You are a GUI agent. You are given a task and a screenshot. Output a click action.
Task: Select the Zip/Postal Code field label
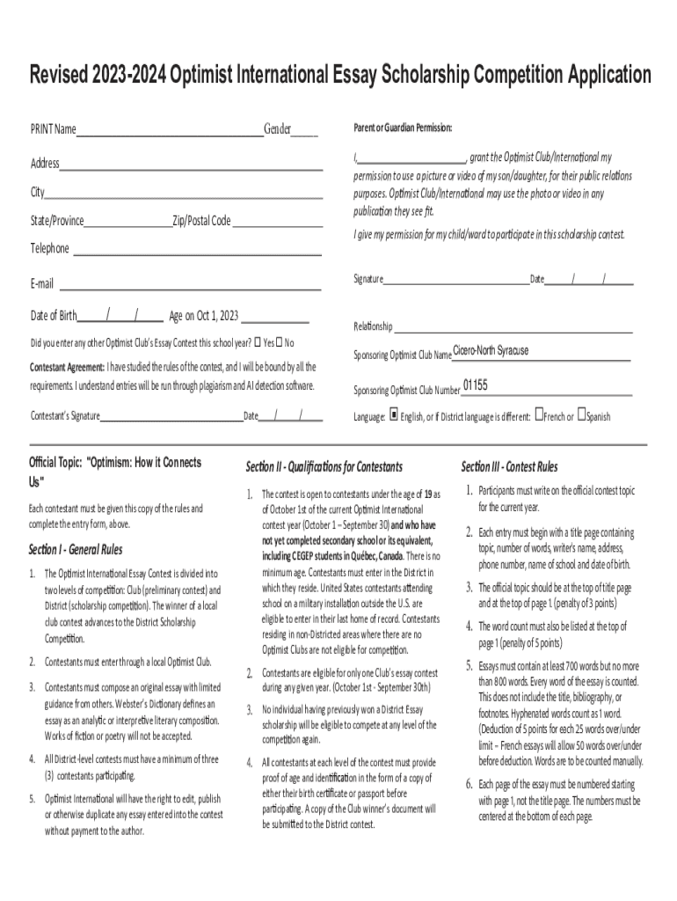point(201,221)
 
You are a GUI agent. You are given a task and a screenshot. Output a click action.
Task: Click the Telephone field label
point(50,249)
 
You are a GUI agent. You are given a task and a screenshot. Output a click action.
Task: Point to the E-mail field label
point(42,283)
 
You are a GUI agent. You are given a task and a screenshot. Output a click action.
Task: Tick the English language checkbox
point(394,416)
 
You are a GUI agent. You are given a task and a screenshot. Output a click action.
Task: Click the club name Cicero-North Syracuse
point(491,351)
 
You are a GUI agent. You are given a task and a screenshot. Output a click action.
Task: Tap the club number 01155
point(475,385)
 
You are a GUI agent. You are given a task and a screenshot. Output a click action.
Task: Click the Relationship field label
point(373,326)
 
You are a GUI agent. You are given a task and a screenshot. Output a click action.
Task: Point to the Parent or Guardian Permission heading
point(403,128)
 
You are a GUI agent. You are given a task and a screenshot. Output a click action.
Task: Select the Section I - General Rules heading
point(76,551)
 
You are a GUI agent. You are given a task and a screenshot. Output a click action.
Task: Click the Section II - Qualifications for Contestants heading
point(324,466)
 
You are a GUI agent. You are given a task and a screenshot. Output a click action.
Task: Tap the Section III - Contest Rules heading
point(509,466)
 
